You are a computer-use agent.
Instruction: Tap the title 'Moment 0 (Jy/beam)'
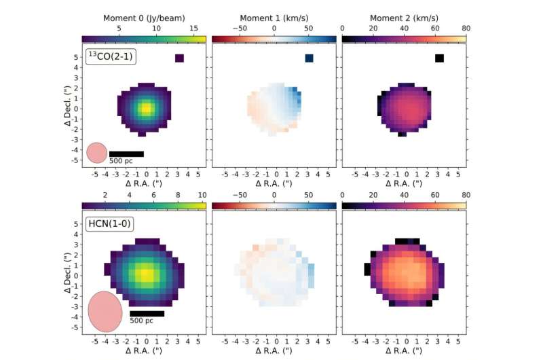pyautogui.click(x=144, y=18)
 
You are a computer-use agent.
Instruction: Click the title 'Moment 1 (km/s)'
pyautogui.click(x=274, y=18)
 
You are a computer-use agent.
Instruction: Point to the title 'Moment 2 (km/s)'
pyautogui.click(x=405, y=18)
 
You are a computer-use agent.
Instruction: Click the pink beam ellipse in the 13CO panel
pyautogui.click(x=96, y=153)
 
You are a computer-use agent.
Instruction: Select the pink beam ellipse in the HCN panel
pyautogui.click(x=105, y=311)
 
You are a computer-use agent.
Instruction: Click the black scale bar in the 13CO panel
pyautogui.click(x=126, y=154)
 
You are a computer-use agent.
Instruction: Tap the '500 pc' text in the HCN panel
pyautogui.click(x=142, y=321)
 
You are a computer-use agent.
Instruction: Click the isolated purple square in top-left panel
pyautogui.click(x=179, y=58)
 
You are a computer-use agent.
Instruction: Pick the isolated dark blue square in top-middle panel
pyautogui.click(x=310, y=58)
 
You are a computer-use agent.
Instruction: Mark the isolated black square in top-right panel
pyautogui.click(x=440, y=58)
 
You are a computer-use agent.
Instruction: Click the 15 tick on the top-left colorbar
pyautogui.click(x=193, y=29)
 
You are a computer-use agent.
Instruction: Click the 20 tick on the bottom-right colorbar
pyautogui.click(x=373, y=196)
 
